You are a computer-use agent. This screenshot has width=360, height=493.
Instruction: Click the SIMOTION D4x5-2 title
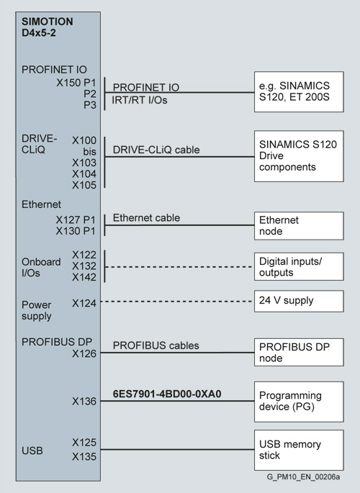coord(48,27)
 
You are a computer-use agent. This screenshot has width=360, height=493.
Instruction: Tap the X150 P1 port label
coord(76,83)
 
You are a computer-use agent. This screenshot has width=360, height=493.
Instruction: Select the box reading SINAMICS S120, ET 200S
coord(299,91)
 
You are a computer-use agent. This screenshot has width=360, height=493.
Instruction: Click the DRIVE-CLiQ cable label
coord(156,150)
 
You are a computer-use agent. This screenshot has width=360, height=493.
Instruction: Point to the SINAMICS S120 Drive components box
coord(299,156)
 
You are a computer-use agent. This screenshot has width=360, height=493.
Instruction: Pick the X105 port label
coord(84,185)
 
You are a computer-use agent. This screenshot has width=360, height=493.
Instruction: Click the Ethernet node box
coord(299,226)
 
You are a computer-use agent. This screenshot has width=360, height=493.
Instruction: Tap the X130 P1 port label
coord(76,231)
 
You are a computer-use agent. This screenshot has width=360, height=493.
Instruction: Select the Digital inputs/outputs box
coord(299,266)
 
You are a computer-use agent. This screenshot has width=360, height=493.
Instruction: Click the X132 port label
coord(84,266)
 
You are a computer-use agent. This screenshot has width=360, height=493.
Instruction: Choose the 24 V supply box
coord(299,302)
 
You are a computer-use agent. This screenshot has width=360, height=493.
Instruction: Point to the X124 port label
coord(84,304)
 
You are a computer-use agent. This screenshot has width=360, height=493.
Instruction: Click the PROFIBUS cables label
coord(156,345)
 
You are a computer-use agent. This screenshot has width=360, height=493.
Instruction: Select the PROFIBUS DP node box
coord(299,352)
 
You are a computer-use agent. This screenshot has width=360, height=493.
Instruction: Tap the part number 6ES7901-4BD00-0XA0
coord(167,394)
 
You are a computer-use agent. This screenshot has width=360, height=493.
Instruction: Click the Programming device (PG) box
coord(299,402)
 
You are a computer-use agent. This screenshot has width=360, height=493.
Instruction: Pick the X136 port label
coord(84,402)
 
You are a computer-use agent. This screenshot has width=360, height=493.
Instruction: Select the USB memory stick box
coord(299,450)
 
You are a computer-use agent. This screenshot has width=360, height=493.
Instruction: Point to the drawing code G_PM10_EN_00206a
coord(303,477)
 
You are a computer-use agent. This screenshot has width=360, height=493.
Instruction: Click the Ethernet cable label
coord(146,218)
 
